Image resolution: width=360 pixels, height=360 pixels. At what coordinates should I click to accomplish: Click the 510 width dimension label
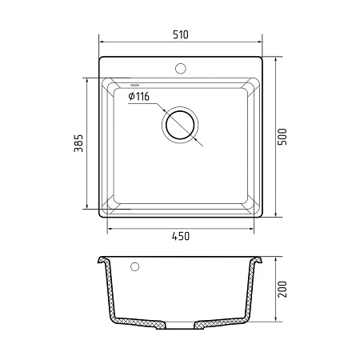coord(181,34)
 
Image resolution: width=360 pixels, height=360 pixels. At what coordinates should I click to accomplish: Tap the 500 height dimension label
coord(282,137)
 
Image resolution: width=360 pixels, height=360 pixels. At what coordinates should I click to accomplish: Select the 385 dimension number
coord(78,143)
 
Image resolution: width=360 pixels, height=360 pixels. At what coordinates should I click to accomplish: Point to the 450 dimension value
coord(181,236)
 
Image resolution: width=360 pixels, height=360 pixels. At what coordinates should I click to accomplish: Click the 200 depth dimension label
coord(282,289)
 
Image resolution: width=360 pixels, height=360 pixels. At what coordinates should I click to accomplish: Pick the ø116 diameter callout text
coord(138,96)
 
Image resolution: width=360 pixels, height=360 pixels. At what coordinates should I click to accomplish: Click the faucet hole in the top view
coord(181,69)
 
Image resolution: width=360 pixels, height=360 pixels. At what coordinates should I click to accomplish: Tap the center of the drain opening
coord(180,125)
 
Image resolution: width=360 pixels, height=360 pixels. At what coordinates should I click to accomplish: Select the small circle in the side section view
coord(134,266)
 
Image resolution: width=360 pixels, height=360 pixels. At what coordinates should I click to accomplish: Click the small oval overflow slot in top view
coord(134,85)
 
